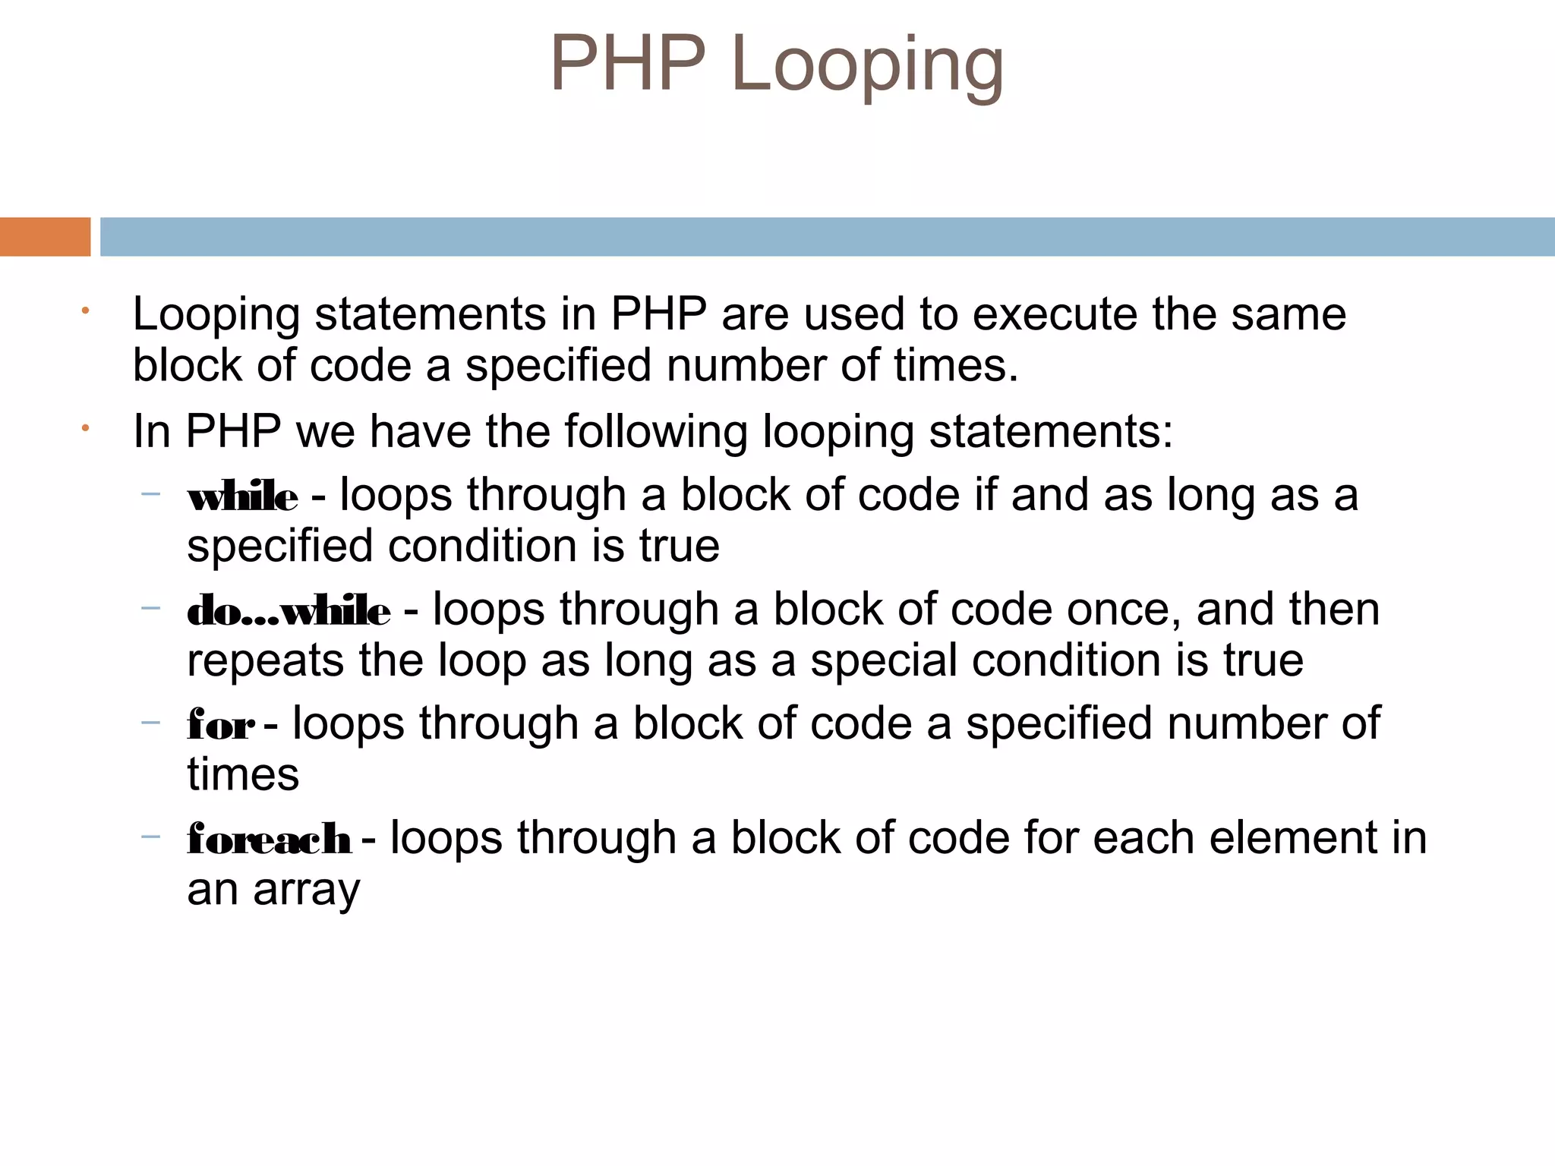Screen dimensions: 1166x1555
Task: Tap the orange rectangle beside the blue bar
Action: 45,237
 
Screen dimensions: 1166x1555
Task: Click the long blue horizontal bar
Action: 826,237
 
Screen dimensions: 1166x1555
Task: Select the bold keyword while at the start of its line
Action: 242,498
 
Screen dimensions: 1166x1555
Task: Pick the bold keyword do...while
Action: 289,612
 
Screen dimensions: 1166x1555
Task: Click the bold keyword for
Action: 220,726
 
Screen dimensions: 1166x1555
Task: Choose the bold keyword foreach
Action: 269,840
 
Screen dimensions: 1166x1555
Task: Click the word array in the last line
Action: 306,890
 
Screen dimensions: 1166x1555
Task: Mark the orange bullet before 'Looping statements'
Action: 86,310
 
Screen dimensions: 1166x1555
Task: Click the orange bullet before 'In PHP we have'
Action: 86,429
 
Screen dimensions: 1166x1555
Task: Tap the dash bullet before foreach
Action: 151,837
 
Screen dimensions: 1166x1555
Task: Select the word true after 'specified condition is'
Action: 679,547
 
